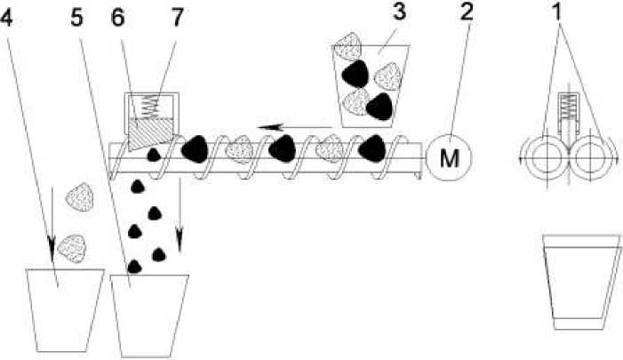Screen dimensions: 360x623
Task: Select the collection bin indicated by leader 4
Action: click(60, 307)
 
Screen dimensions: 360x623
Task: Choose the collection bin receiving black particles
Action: click(151, 311)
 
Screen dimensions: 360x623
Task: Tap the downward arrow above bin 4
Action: click(52, 218)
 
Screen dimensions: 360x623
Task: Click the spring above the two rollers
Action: click(567, 113)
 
